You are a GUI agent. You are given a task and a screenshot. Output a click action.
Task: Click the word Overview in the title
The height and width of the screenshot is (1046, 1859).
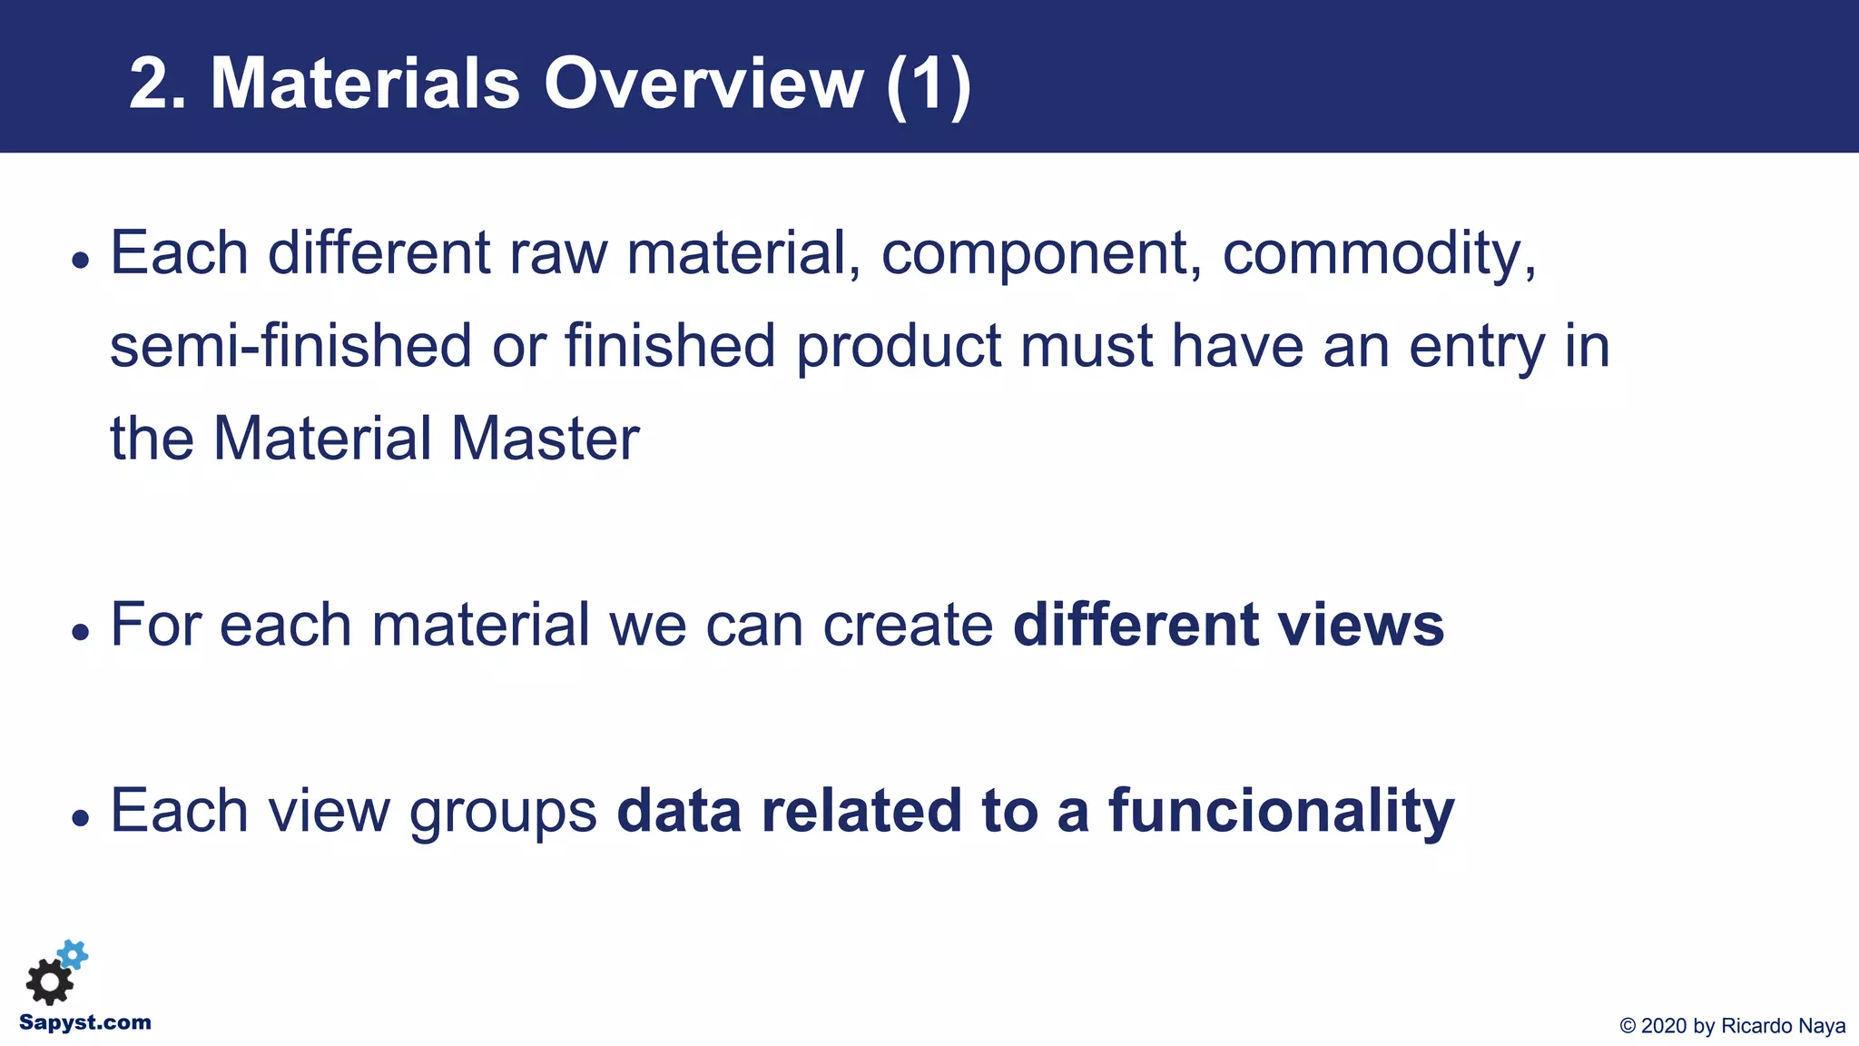click(x=703, y=84)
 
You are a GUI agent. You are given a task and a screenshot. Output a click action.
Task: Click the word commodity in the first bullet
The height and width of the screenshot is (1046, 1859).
click(x=1379, y=253)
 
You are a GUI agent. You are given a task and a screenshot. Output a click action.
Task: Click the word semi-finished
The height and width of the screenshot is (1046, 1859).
click(x=290, y=346)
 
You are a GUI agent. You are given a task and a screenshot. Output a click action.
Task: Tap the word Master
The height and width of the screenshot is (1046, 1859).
click(x=545, y=439)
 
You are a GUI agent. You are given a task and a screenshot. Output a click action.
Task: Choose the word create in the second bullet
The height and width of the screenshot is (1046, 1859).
click(x=908, y=626)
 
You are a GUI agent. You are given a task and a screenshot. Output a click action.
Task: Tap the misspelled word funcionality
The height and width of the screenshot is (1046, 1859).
click(x=1281, y=812)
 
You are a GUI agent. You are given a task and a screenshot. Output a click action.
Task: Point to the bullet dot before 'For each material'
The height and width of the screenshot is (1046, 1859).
click(x=82, y=631)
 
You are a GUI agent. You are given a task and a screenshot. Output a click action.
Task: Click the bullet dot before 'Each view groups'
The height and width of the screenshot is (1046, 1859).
click(x=82, y=817)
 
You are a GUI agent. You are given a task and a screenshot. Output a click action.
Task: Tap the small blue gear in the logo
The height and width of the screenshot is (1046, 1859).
click(x=73, y=954)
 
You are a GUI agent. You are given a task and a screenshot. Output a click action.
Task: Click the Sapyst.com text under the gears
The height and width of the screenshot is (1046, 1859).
click(x=85, y=1022)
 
